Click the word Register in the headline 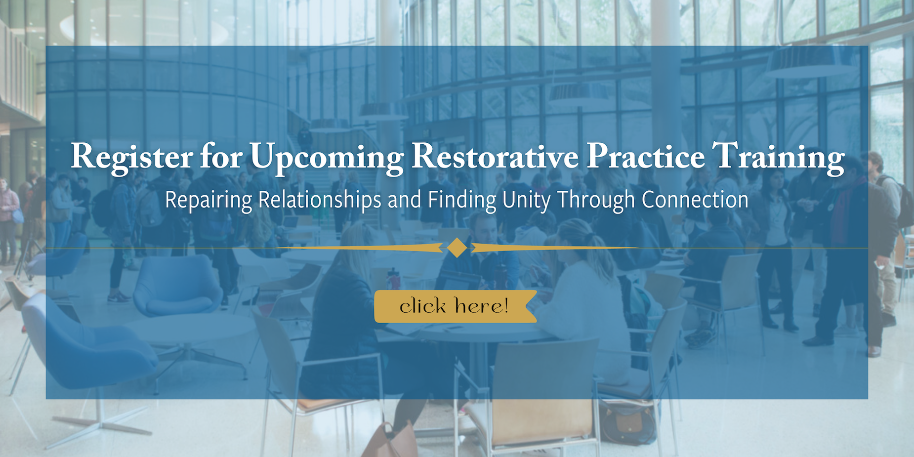tap(132, 157)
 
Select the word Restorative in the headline tap(495, 157)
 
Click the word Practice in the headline tap(646, 157)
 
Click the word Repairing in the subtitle tap(208, 200)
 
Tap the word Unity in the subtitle tap(526, 200)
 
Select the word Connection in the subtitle tap(695, 199)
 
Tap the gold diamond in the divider tap(457, 248)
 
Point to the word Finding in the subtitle tap(462, 200)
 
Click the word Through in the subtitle tap(596, 200)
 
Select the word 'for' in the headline tap(221, 157)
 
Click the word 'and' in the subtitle tap(404, 200)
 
